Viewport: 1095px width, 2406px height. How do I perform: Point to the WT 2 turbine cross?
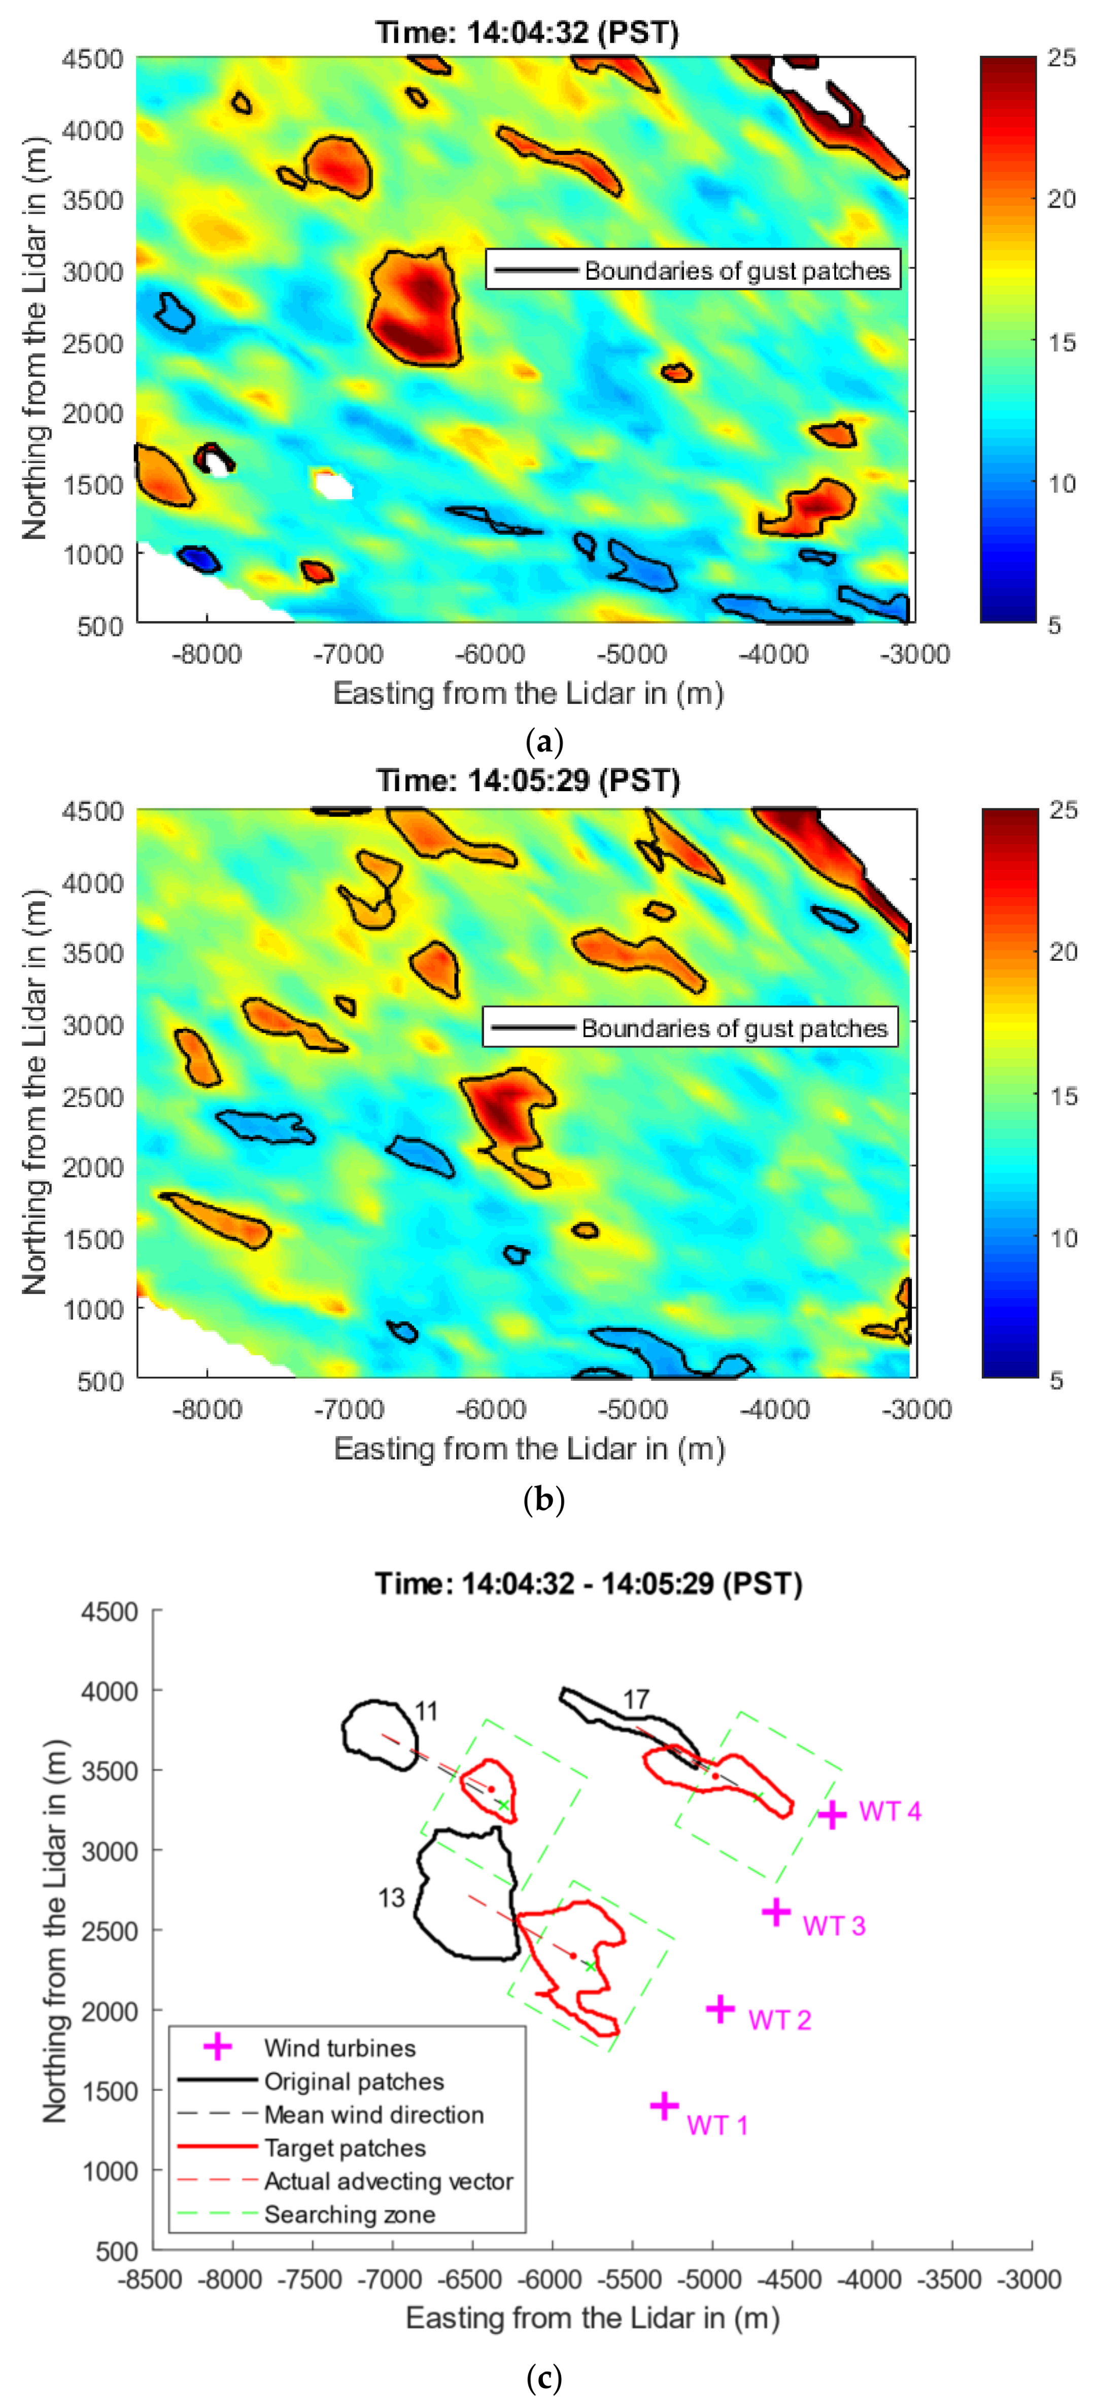[x=720, y=2008]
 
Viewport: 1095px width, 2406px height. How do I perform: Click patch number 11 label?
[x=427, y=1711]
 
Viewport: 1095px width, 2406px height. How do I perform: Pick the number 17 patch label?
[x=636, y=1700]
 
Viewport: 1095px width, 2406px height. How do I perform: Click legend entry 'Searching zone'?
[x=349, y=2215]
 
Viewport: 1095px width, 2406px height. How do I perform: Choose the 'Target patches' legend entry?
[x=345, y=2148]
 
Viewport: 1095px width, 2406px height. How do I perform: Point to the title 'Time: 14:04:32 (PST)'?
[x=527, y=32]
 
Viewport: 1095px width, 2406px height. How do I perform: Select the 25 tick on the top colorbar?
[x=1062, y=58]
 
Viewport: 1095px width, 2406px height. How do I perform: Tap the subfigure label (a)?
[x=544, y=743]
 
